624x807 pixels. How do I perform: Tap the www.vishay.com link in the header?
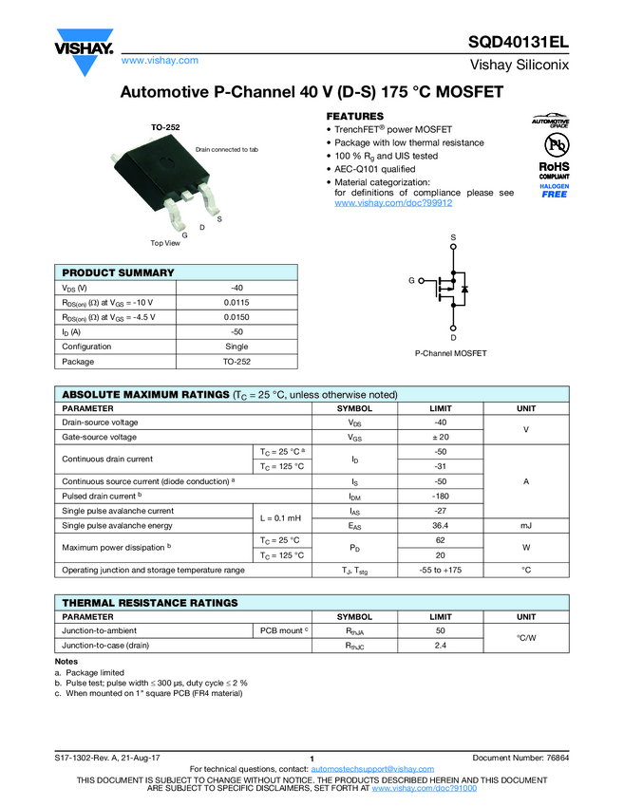coord(160,61)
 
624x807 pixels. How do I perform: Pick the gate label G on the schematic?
coord(411,281)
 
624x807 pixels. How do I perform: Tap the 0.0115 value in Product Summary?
coord(236,302)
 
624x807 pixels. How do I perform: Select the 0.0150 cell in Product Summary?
coord(236,317)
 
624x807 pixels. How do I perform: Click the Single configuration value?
coord(236,347)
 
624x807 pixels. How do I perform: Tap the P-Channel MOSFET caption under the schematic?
coord(450,353)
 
